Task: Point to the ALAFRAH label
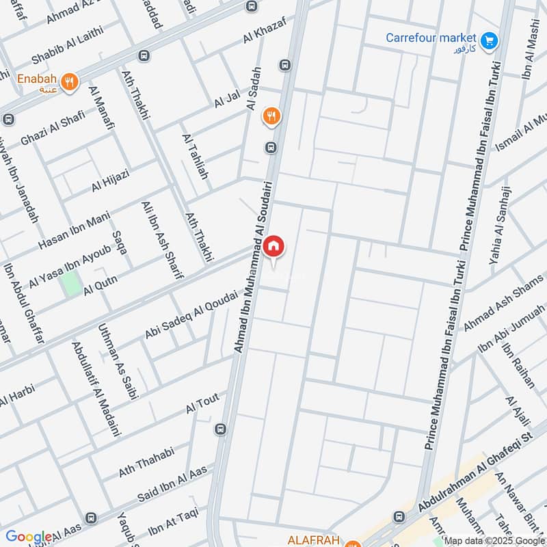pyautogui.click(x=315, y=541)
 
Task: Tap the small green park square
pyautogui.click(x=70, y=283)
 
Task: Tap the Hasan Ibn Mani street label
pyautogui.click(x=74, y=231)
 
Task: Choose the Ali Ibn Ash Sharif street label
pyautogui.click(x=161, y=240)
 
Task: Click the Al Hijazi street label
pyautogui.click(x=110, y=181)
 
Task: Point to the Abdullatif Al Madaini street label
pyautogui.click(x=96, y=390)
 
